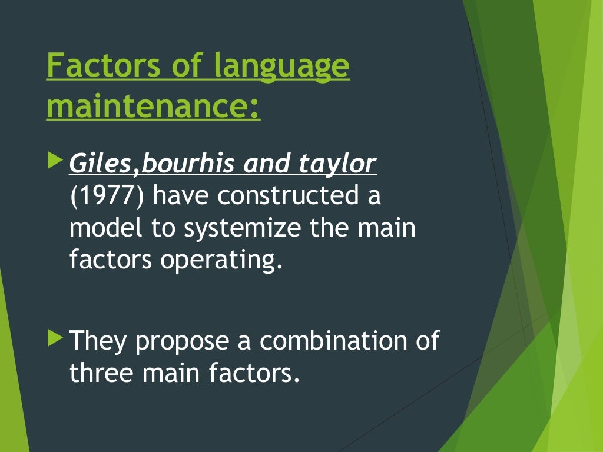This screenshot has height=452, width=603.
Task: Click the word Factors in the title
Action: (x=103, y=67)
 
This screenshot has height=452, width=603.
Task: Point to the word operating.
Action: (x=218, y=260)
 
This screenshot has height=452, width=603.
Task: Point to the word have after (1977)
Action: (x=179, y=196)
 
